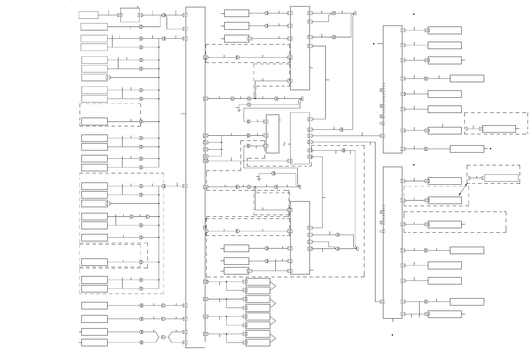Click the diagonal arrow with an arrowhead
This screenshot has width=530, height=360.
tap(463, 189)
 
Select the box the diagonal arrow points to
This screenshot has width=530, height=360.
tap(444, 201)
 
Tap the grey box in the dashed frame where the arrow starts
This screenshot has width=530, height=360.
tap(501, 178)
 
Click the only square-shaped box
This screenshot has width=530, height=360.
tap(130, 15)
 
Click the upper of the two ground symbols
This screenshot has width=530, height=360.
tap(238, 109)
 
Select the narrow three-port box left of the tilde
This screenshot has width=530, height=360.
tap(273, 134)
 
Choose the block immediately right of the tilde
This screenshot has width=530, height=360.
tap(300, 139)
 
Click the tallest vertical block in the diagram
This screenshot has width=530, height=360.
tap(195, 177)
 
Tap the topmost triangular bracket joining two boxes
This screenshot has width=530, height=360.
tap(273, 286)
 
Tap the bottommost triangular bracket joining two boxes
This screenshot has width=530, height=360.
tap(273, 338)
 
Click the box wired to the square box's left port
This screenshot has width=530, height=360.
tap(89, 15)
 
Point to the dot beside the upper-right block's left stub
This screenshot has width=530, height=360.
tap(374, 44)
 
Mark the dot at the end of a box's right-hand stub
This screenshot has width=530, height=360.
tap(490, 149)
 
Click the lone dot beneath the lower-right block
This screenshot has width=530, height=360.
tap(392, 335)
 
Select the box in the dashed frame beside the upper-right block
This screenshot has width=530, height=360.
tap(499, 129)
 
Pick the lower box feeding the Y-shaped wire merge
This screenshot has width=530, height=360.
tap(94, 342)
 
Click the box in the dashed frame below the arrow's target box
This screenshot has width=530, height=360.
tap(444, 224)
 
